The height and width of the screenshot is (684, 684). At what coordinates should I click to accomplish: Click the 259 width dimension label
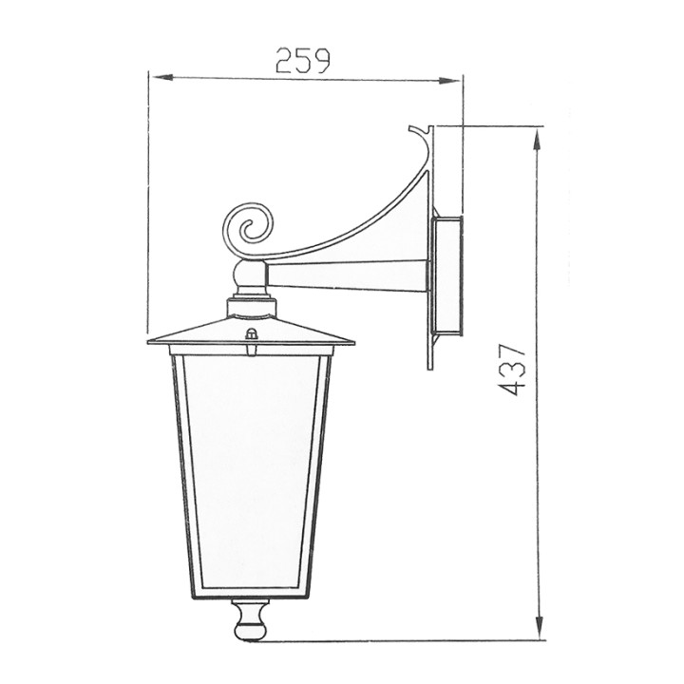pos(303,61)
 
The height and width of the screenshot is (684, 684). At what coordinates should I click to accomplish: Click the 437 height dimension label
pos(511,370)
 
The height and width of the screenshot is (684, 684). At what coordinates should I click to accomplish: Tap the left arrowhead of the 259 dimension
pos(161,77)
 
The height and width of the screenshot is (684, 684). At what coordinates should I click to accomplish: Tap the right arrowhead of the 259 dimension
pos(448,81)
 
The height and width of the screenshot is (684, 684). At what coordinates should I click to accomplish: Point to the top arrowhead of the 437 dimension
pos(540,141)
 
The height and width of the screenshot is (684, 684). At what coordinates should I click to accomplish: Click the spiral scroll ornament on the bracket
pos(248,229)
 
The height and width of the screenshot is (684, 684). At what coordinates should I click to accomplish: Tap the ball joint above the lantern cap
pos(250,274)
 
